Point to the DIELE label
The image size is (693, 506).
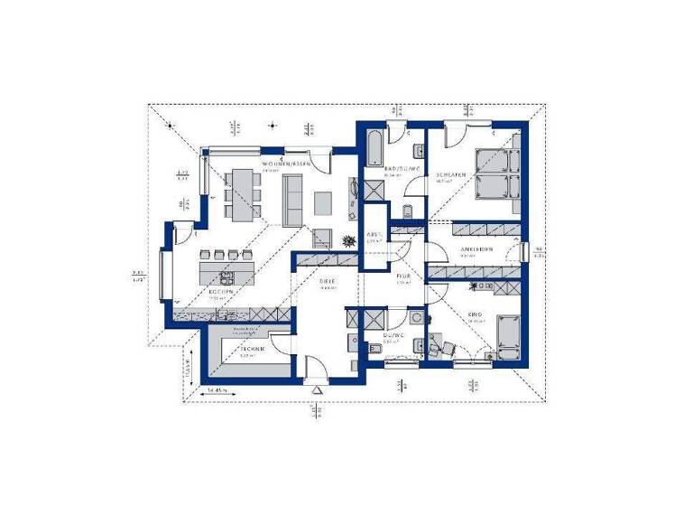coord(327,283)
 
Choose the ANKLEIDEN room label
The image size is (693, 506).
coord(475,249)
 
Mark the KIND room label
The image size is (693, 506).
coord(475,314)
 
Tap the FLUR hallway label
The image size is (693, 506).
coord(403,276)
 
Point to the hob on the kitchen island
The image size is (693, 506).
coord(226,276)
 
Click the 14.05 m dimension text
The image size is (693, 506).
coord(217,389)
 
